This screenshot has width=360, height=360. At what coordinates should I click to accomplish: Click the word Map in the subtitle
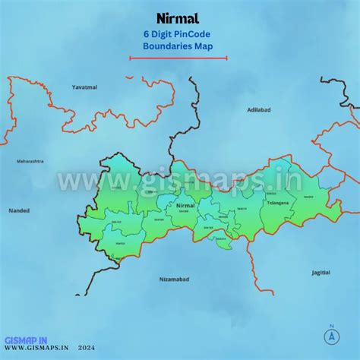pyautogui.click(x=203, y=46)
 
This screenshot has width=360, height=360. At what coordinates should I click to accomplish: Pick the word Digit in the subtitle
pyautogui.click(x=162, y=34)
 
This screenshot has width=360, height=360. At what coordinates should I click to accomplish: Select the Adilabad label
pyautogui.click(x=259, y=110)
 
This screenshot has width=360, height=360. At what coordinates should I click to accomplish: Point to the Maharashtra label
pyautogui.click(x=30, y=161)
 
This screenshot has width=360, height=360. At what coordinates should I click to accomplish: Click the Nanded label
pyautogui.click(x=18, y=210)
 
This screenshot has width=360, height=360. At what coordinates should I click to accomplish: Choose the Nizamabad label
pyautogui.click(x=174, y=279)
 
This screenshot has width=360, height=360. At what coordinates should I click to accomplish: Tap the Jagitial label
pyautogui.click(x=321, y=271)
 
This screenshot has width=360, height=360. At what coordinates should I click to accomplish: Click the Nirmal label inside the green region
pyautogui.click(x=185, y=206)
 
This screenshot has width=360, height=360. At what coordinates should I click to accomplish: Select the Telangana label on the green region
pyautogui.click(x=278, y=204)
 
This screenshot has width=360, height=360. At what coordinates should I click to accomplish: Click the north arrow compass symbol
pyautogui.click(x=331, y=336)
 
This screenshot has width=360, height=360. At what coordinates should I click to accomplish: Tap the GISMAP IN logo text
pyautogui.click(x=26, y=340)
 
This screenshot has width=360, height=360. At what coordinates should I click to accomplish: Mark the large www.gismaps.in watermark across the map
pyautogui.click(x=180, y=181)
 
